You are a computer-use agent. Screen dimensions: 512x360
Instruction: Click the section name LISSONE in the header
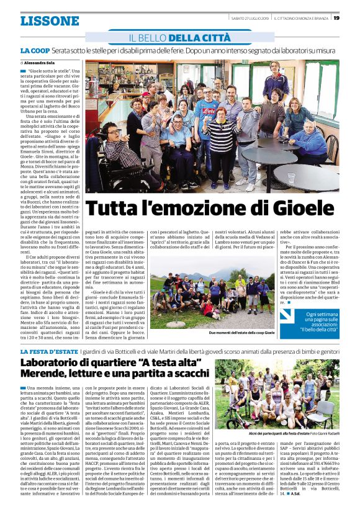click(x=50, y=20)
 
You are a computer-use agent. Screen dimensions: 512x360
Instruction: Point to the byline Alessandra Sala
click(x=43, y=63)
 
